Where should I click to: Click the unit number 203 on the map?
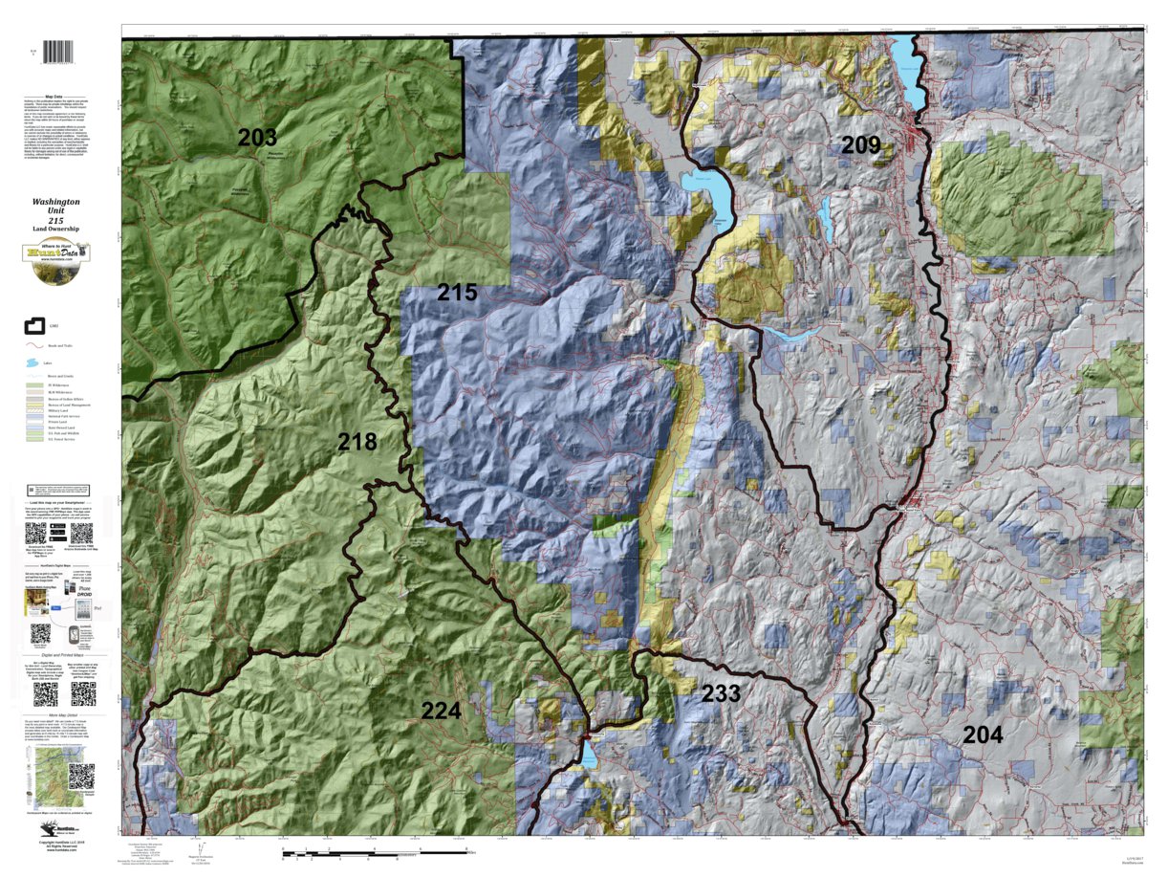click(x=257, y=138)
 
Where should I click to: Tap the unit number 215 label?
click(x=457, y=293)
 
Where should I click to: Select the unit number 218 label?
click(x=357, y=442)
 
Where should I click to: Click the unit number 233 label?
click(x=721, y=693)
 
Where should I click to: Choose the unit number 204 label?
click(x=984, y=734)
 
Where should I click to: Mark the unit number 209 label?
click(x=860, y=145)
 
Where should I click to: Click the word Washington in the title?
click(x=55, y=203)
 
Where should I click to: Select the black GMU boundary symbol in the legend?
click(x=35, y=328)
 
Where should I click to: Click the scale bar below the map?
click(x=373, y=849)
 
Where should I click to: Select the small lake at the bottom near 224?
click(x=589, y=756)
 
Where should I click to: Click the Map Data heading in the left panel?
click(x=55, y=97)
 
